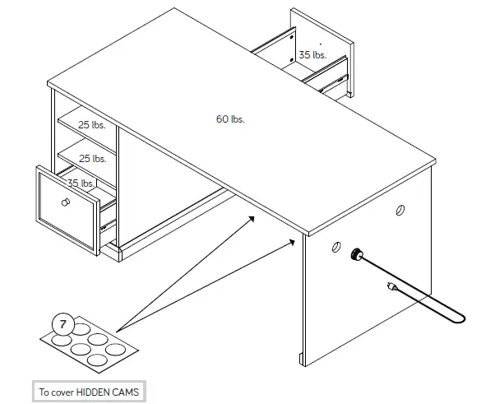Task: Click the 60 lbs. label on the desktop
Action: pos(230,119)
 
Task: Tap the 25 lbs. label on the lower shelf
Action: pos(92,158)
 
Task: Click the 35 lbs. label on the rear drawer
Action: pos(312,55)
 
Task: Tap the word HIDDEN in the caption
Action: pos(97,392)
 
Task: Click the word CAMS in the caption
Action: pos(129,392)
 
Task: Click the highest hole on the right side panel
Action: pos(400,210)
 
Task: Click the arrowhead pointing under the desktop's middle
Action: pos(251,217)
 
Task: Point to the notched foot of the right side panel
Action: pos(302,360)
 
